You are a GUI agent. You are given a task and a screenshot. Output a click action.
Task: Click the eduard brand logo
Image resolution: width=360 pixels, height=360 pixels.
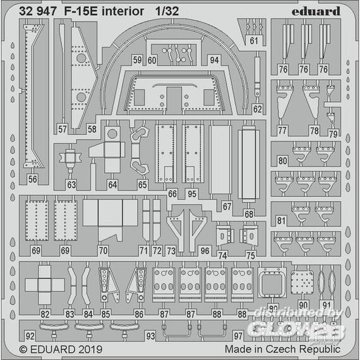[316, 11]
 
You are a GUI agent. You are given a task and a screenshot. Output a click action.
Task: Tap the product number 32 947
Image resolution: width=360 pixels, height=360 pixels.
[38, 11]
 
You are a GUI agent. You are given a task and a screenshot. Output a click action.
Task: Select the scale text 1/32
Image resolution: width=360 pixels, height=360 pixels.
[167, 11]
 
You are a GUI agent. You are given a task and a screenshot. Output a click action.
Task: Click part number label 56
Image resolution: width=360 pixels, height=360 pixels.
[33, 179]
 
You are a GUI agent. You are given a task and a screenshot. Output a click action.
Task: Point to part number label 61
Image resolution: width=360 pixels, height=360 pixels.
[254, 41]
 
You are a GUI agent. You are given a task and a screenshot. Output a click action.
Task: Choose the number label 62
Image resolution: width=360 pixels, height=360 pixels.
[258, 109]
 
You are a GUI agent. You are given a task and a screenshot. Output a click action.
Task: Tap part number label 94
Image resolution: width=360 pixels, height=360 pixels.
[214, 60]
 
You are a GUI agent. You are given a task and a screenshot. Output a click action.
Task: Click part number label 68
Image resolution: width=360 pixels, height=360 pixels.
[249, 214]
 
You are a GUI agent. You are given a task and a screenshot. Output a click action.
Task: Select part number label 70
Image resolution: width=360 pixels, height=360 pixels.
[103, 250]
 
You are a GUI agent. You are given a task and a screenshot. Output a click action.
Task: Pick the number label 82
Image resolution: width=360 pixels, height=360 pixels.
[45, 314]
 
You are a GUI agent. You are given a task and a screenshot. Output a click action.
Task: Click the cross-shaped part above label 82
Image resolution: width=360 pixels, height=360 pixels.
[45, 285]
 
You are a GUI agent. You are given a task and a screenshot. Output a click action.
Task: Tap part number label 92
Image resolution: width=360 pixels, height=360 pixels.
[30, 336]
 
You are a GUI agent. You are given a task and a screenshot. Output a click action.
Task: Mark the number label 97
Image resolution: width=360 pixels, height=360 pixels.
[238, 336]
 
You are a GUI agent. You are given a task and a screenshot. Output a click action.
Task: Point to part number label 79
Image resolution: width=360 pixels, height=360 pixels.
[333, 134]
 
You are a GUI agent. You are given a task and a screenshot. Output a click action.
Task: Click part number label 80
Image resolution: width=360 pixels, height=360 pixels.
[282, 160]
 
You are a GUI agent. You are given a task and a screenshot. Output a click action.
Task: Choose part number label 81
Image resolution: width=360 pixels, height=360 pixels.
[281, 221]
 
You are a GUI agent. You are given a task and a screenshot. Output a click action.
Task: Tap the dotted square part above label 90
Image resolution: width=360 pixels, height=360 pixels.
[302, 282]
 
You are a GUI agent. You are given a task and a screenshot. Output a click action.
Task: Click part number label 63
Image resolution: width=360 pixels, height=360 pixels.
[71, 184]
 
